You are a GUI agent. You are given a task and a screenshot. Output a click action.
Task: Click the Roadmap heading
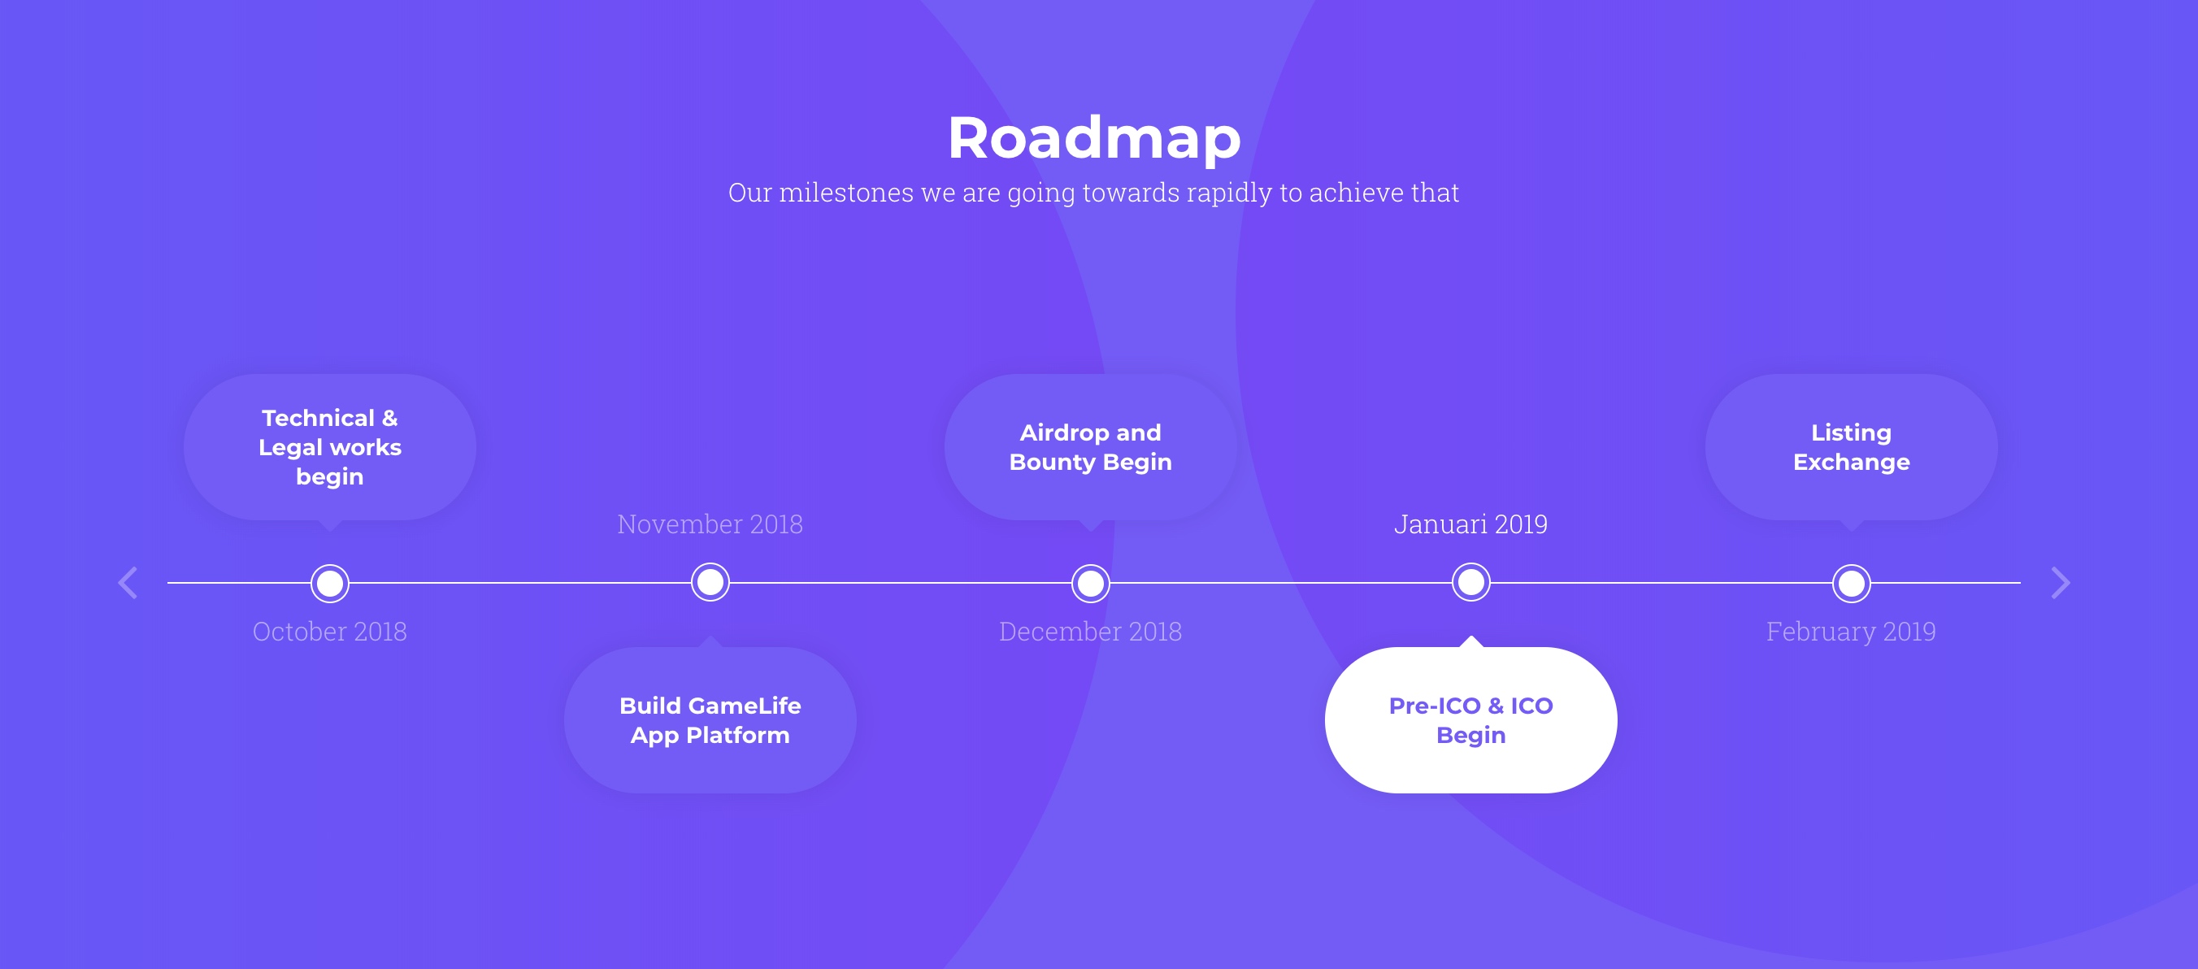pos(1094,137)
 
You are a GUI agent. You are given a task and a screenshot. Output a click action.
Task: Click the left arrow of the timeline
pos(128,583)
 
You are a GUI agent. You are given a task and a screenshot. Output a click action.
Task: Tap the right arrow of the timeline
pos(2060,583)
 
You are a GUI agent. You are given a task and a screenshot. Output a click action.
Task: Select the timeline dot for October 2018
pos(330,583)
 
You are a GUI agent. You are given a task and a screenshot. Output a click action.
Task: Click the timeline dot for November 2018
pos(710,583)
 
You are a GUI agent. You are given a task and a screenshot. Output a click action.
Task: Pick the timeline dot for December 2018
pos(1091,583)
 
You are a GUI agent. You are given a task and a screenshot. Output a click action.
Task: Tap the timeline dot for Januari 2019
pos(1471,583)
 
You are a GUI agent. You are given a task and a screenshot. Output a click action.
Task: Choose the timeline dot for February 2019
pos(1852,583)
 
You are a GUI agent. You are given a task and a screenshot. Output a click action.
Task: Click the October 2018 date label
pos(329,631)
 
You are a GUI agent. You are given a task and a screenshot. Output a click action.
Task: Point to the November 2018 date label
pos(710,524)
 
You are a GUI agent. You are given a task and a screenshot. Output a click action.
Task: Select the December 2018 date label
pos(1091,631)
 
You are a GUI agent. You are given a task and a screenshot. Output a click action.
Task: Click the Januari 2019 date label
pos(1471,524)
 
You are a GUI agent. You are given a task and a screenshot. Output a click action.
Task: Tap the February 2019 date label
pos(1851,631)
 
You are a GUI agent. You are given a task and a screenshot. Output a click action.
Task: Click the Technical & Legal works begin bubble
pos(330,447)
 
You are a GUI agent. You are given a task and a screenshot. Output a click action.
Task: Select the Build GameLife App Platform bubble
pos(710,719)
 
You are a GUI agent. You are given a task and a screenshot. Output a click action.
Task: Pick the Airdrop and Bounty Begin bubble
pos(1091,447)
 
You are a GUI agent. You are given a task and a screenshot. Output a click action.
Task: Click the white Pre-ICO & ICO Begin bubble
pos(1471,719)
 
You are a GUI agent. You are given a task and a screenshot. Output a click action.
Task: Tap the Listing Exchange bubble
pos(1852,447)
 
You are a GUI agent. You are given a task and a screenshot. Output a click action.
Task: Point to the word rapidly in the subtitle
pos(1230,193)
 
